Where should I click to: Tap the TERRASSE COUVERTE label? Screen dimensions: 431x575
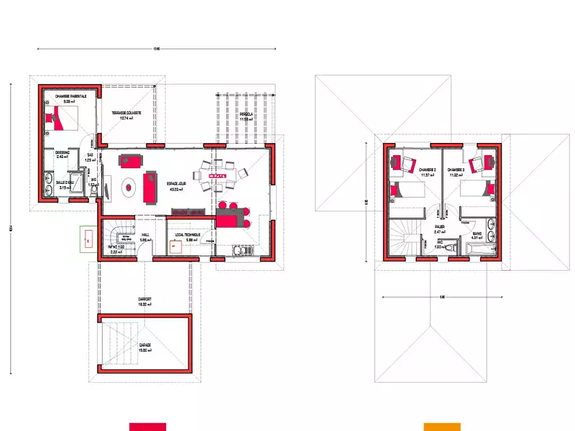(x=126, y=113)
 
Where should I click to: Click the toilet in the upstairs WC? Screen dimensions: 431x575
(x=449, y=249)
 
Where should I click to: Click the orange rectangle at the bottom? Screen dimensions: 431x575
(x=441, y=427)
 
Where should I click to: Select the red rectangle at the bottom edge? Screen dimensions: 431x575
(x=147, y=427)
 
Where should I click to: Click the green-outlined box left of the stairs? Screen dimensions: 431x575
(x=88, y=238)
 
